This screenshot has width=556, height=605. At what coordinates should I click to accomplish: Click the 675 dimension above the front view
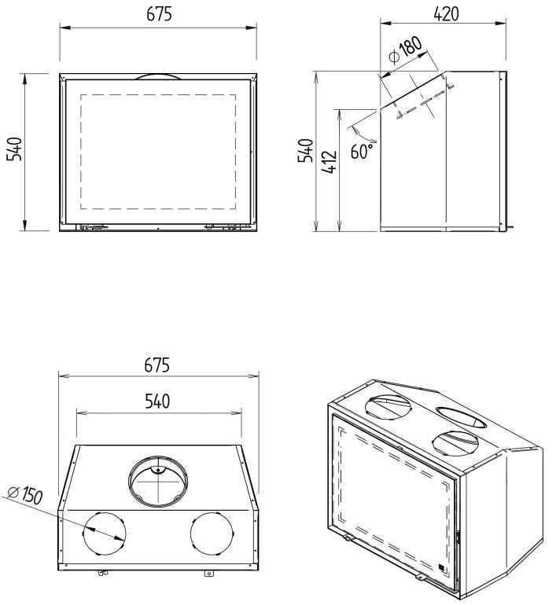158,15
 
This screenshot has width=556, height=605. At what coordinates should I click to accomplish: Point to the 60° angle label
363,150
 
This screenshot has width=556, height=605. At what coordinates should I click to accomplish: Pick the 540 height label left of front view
14,150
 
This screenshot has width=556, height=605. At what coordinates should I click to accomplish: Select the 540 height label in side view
306,150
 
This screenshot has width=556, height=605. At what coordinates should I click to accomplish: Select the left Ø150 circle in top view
105,533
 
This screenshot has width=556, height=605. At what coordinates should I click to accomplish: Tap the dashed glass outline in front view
159,151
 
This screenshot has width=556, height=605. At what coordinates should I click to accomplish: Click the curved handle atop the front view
158,76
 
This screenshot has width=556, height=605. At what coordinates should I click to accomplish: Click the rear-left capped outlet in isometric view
387,406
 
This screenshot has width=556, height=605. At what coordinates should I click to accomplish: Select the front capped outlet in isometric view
454,443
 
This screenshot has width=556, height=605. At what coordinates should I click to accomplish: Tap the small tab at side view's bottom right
510,229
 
